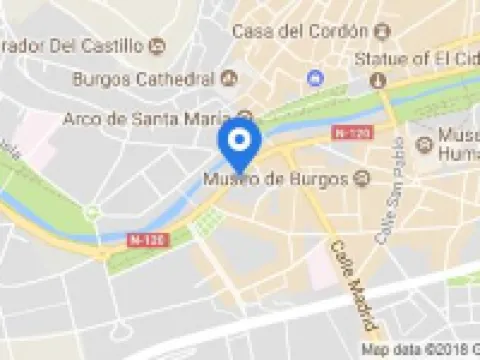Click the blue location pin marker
click(x=239, y=144)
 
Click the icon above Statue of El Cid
click(x=378, y=80)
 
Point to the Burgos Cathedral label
click(x=144, y=78)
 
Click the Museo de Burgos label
click(x=275, y=180)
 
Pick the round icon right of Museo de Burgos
click(x=362, y=180)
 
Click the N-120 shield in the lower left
click(x=145, y=239)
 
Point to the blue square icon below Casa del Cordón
click(x=317, y=78)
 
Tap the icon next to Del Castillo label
click(x=156, y=46)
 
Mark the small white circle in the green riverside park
click(x=92, y=212)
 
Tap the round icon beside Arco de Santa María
click(x=246, y=117)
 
